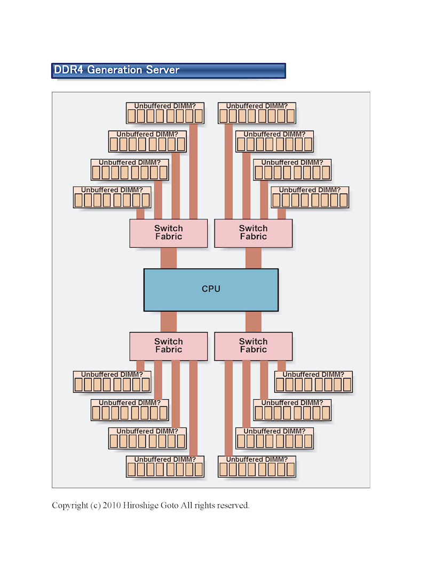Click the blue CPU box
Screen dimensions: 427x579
[211, 290]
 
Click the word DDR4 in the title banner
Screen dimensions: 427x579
[68, 70]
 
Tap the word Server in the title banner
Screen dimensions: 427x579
[162, 70]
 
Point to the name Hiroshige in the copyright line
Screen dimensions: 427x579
[140, 505]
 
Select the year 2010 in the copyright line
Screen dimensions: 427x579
[111, 505]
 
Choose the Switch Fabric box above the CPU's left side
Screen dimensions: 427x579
[169, 233]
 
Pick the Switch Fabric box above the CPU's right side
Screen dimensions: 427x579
[254, 233]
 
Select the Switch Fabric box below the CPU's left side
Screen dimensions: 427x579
[169, 346]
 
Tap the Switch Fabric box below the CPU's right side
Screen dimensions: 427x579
[254, 346]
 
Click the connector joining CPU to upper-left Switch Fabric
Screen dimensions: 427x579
[169, 258]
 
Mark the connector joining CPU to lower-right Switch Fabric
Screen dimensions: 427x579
[254, 322]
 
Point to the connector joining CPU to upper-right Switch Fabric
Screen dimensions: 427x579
[254, 258]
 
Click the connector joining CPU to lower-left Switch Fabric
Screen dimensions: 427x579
[169, 322]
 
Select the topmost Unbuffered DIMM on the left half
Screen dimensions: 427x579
[165, 113]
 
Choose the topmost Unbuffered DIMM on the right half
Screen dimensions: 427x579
[257, 113]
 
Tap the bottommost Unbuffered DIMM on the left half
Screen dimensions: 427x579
[165, 466]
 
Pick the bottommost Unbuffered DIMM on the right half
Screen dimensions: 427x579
[257, 466]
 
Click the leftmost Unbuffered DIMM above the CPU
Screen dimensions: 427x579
[112, 197]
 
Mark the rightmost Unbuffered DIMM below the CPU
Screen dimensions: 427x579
[314, 382]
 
